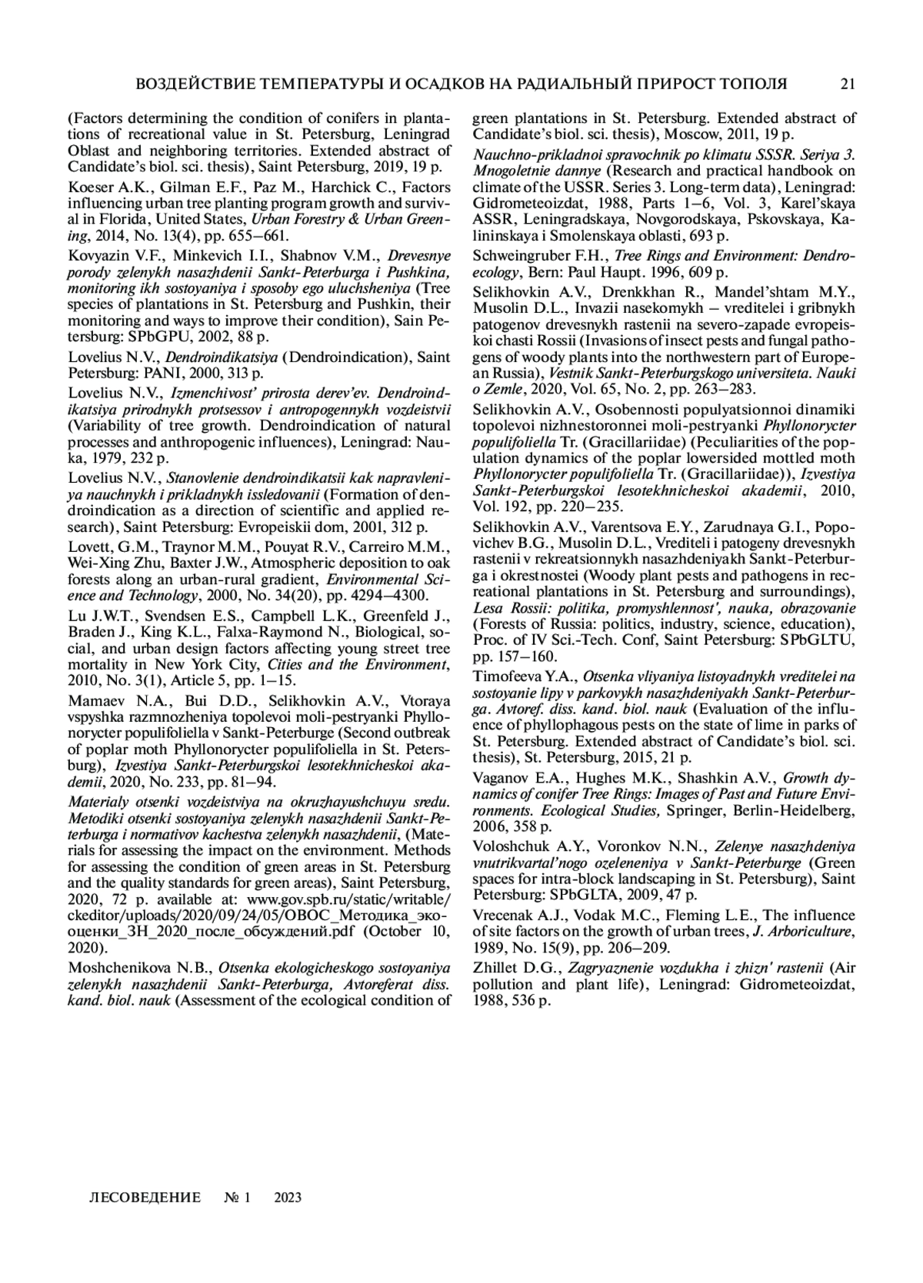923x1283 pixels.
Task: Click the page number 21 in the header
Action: point(848,84)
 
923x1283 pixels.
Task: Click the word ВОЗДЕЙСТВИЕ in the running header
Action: point(189,84)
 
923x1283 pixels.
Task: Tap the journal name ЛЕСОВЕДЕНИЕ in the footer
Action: point(145,1198)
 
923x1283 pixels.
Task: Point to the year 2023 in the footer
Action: point(287,1198)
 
